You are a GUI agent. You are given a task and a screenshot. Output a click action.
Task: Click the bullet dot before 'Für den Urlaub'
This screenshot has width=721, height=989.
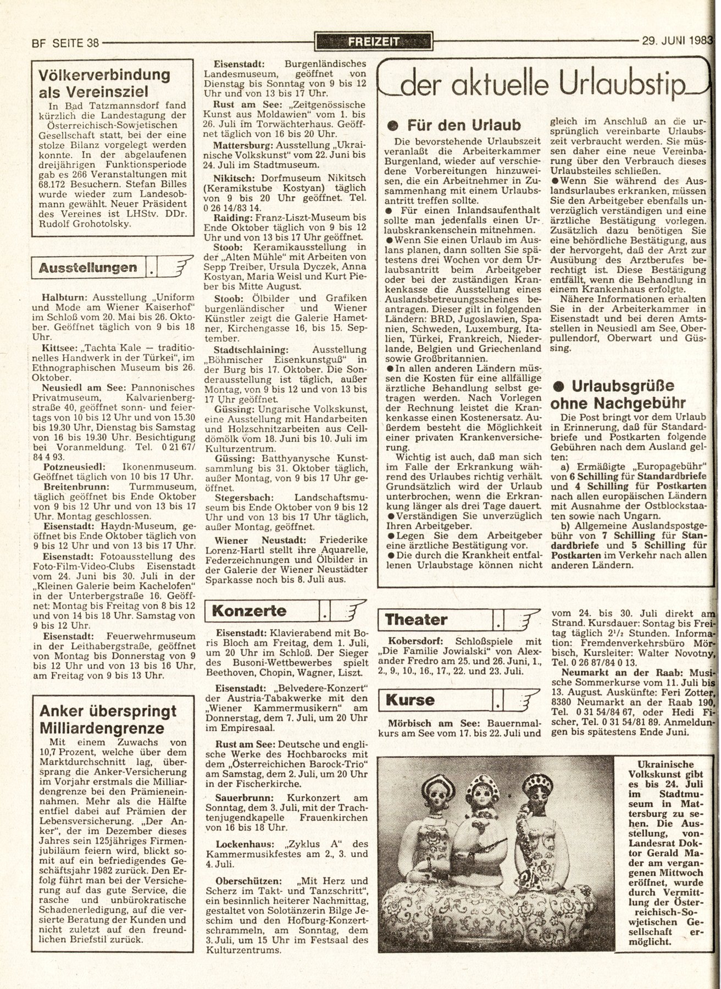[392, 125]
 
